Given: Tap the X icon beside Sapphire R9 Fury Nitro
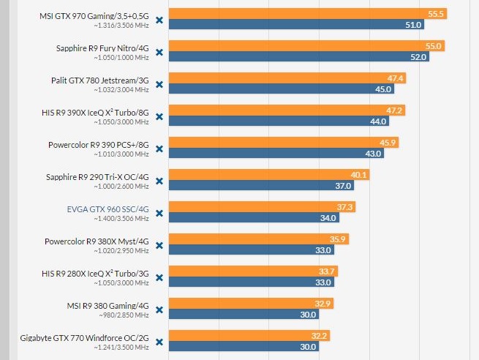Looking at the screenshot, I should (159, 53).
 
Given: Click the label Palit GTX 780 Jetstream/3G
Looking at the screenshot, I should (100, 80).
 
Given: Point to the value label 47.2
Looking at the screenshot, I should (394, 110).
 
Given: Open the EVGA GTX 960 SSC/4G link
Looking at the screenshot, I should (108, 209).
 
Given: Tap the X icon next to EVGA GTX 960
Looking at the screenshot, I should (159, 214).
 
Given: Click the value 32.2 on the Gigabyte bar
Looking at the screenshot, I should (320, 336).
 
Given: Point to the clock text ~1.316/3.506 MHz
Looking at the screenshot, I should (121, 25).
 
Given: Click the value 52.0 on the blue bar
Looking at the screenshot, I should (418, 57).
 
